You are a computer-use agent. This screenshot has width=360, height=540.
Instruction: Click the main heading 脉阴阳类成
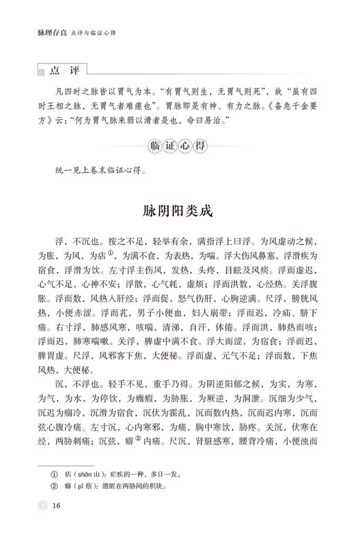click(179, 209)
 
